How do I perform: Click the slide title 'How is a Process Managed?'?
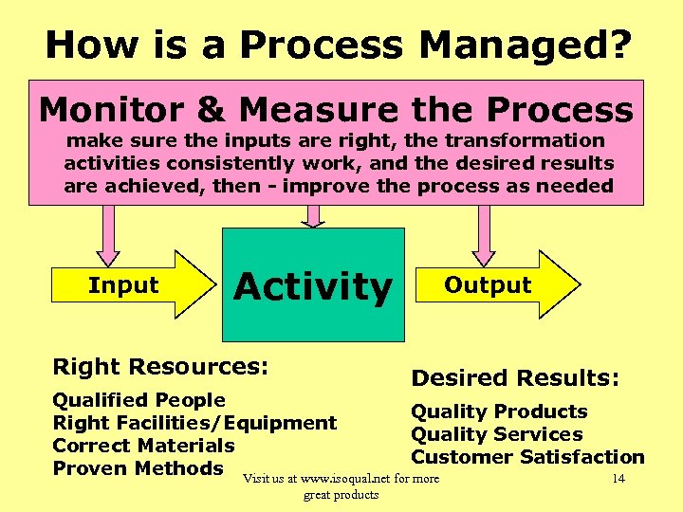(339, 45)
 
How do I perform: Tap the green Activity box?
(313, 284)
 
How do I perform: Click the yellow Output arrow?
(503, 284)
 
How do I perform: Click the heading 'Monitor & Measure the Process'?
(336, 110)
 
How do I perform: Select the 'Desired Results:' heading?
(515, 377)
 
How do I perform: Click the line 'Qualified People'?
(138, 400)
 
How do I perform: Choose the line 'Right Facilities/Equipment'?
(194, 423)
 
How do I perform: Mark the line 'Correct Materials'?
(143, 446)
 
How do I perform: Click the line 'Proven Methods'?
(138, 468)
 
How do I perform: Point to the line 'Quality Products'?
(499, 411)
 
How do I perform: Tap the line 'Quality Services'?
(496, 434)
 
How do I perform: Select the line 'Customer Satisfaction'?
(527, 457)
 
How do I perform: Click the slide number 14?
(618, 478)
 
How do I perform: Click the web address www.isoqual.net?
(345, 478)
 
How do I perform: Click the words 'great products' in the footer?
(341, 495)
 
